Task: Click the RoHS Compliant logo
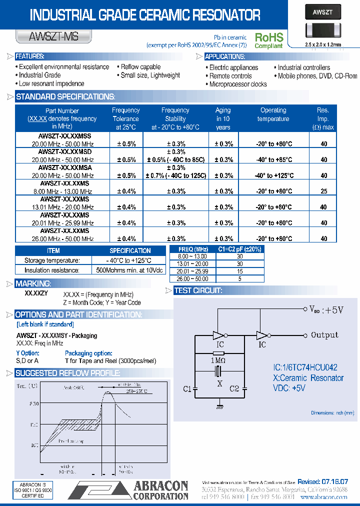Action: (269, 40)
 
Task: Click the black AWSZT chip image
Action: (322, 24)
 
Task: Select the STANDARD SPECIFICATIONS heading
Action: (65, 96)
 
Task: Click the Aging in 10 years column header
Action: (223, 118)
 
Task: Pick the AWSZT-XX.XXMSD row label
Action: (65, 151)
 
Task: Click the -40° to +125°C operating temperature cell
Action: (273, 175)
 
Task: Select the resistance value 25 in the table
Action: (323, 191)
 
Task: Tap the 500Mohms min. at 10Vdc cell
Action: (129, 270)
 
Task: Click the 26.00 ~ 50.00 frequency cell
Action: (192, 278)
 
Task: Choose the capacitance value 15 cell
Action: (239, 271)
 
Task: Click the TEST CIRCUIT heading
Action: (198, 290)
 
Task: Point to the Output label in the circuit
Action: (324, 335)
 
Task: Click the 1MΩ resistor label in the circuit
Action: (218, 360)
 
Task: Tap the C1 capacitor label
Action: (187, 388)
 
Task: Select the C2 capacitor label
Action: (234, 388)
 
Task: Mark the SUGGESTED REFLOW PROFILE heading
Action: (67, 373)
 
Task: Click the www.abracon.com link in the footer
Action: (323, 497)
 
